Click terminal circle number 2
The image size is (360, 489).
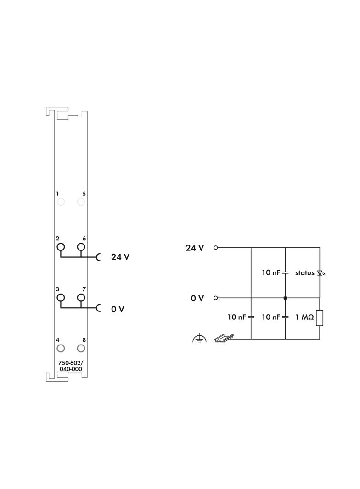click(61, 247)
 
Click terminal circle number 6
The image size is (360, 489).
click(81, 247)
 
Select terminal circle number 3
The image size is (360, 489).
click(61, 298)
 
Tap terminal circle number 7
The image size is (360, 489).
click(81, 298)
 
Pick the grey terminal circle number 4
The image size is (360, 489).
click(61, 348)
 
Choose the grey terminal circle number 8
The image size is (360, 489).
click(81, 348)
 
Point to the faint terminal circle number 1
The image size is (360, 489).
click(61, 201)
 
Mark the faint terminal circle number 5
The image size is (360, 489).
click(81, 201)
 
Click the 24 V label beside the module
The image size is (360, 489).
click(120, 257)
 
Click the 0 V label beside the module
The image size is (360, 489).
click(118, 309)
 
